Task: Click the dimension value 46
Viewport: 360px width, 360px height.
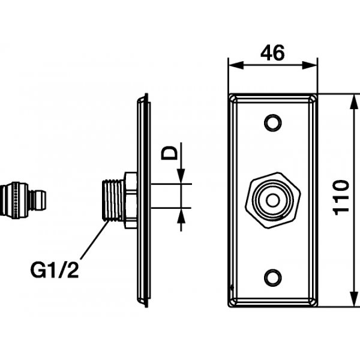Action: [x=272, y=53]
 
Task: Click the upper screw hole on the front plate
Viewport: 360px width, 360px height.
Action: [x=273, y=123]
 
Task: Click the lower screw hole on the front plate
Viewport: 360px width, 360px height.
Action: [x=273, y=278]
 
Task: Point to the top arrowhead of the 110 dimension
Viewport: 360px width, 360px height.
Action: [x=349, y=98]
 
